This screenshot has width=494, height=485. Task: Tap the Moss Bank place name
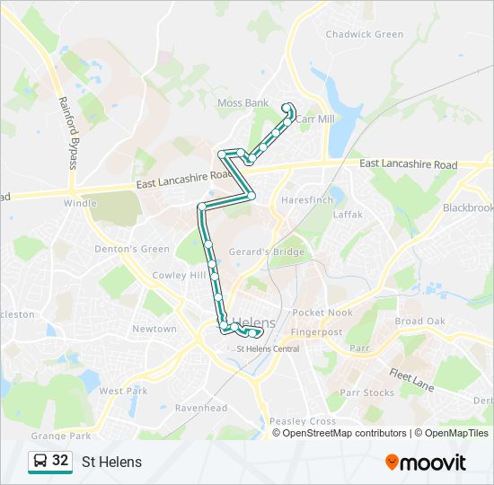pos(243,103)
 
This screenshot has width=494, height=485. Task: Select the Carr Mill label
pos(315,119)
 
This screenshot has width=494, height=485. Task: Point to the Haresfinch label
pos(307,199)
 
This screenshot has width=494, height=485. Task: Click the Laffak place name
pos(348,215)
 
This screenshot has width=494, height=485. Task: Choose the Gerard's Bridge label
pos(267,252)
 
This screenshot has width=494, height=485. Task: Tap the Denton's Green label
pos(132,249)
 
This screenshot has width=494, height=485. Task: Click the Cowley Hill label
pos(179,276)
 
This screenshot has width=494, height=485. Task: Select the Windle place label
pos(80,203)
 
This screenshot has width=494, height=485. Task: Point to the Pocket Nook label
pos(322,313)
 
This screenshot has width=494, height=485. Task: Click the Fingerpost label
pos(316,331)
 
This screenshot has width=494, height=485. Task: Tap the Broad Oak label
pos(420,322)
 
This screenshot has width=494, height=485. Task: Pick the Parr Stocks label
pos(366,393)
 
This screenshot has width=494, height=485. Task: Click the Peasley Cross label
pos(303,421)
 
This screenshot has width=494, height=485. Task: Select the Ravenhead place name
pos(200,408)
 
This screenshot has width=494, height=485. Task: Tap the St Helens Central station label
pos(267,348)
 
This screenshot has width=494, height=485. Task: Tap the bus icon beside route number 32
pos(40,462)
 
